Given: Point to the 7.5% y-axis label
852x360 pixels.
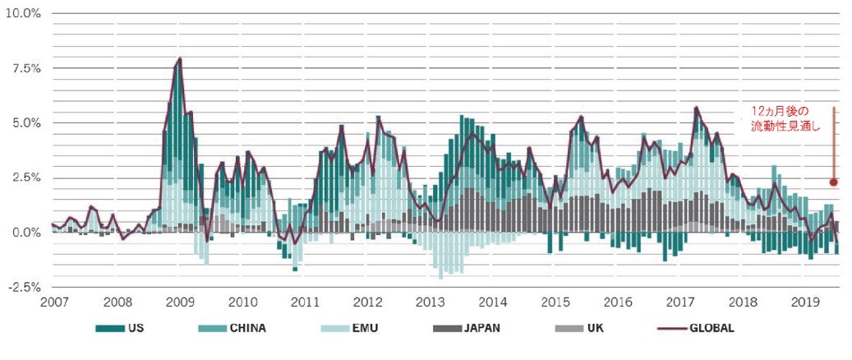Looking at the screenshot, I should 25,68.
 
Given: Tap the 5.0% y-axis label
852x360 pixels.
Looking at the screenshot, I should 25,123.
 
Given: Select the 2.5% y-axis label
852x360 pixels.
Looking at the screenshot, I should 25,178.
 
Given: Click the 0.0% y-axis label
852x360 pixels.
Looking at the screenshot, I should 25,233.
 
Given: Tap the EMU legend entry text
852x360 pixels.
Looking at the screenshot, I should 366,329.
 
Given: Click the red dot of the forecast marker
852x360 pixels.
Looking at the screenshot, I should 833,182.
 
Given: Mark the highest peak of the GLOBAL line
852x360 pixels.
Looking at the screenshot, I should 180,58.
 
